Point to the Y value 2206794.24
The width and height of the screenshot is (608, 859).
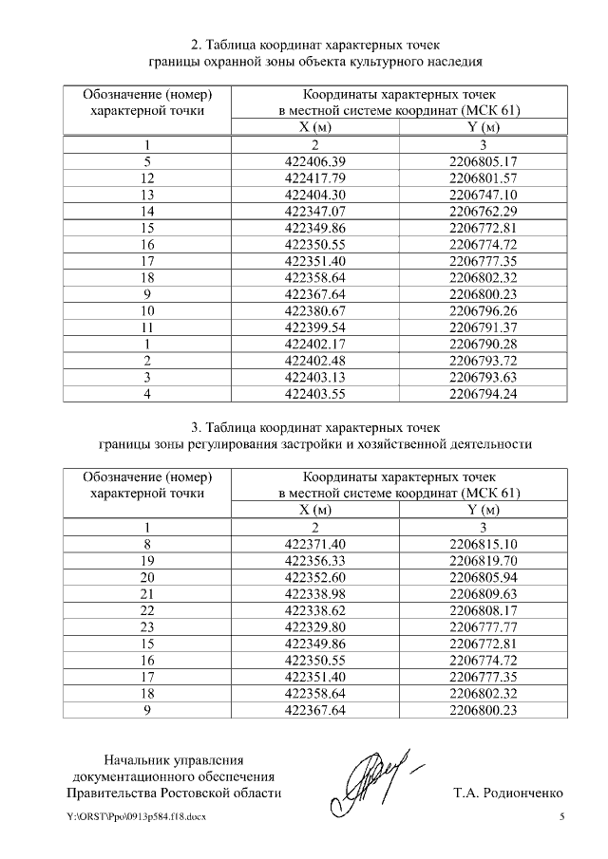pyautogui.click(x=484, y=393)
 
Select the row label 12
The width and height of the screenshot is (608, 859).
pyautogui.click(x=146, y=178)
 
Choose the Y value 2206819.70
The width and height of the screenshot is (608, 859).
pyautogui.click(x=484, y=561)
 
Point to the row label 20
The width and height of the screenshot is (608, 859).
pyautogui.click(x=146, y=577)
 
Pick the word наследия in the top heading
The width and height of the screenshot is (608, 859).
pyautogui.click(x=456, y=63)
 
